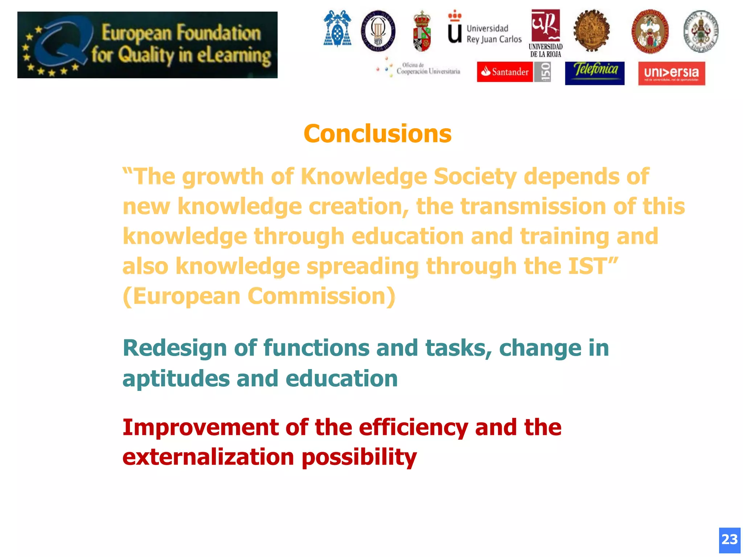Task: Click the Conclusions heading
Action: pos(377,133)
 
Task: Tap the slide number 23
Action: pos(729,540)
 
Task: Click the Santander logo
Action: pos(505,72)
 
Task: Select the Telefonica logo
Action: pos(595,73)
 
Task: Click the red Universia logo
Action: pos(671,73)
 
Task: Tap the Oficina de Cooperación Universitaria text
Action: pos(428,69)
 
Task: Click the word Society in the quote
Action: pos(475,177)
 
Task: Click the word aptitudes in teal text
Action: pos(176,379)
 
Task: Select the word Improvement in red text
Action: pos(200,427)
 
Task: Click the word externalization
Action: pos(208,457)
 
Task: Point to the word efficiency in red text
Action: pos(413,428)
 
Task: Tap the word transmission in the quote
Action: pos(533,207)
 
